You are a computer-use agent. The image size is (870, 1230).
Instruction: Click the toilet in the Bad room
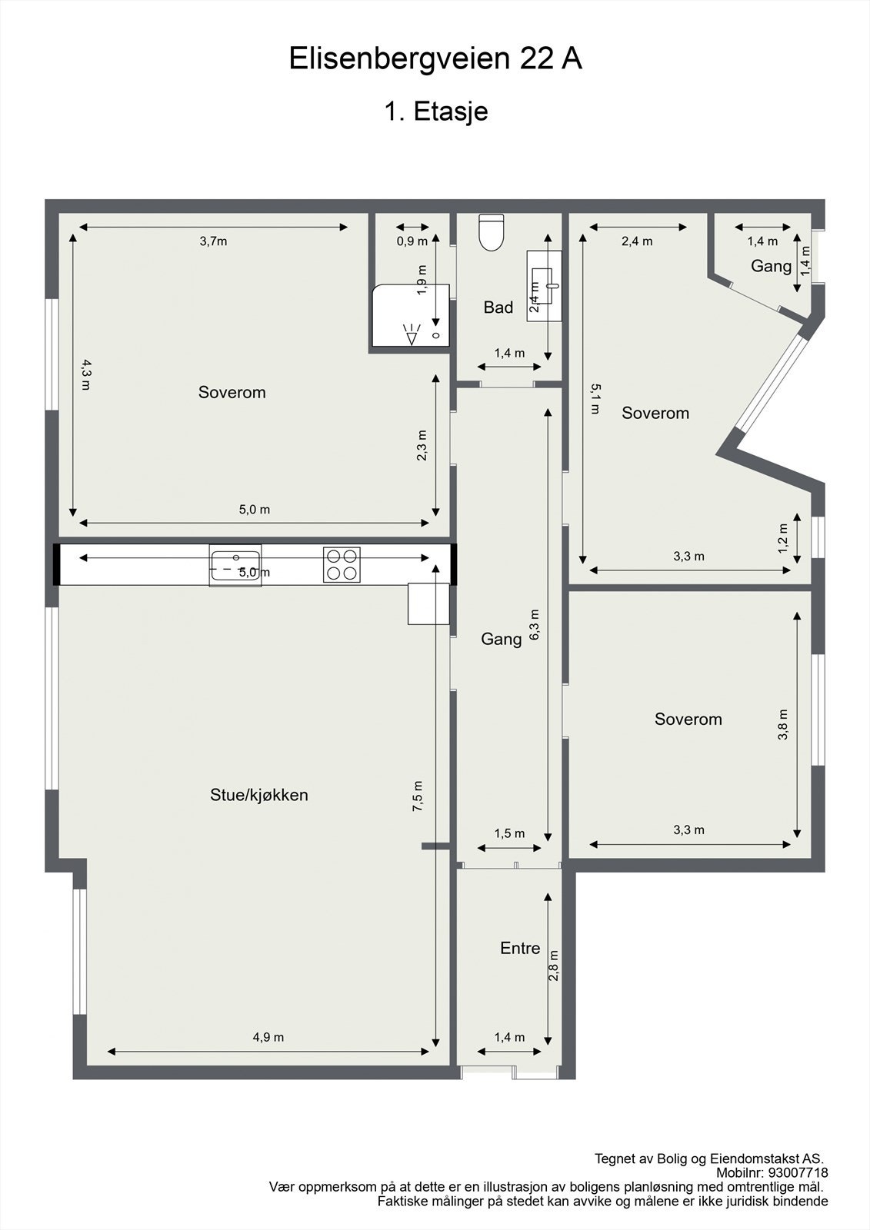click(491, 231)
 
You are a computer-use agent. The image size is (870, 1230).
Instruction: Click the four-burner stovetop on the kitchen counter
click(342, 564)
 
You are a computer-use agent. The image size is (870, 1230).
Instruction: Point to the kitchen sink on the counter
click(235, 564)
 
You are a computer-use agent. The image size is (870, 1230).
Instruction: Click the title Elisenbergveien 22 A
click(435, 59)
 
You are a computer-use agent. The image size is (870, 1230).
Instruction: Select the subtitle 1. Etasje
click(435, 111)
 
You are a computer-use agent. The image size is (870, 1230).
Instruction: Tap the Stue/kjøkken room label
click(259, 795)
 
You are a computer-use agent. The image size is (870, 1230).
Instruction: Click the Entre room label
click(520, 948)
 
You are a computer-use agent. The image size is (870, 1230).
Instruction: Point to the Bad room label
click(498, 307)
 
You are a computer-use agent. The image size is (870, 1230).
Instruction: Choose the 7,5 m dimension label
click(417, 796)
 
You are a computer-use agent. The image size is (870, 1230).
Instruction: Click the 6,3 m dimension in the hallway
click(535, 624)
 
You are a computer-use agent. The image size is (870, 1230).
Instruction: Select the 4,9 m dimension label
click(268, 1037)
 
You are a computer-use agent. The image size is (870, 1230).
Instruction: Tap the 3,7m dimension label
click(213, 241)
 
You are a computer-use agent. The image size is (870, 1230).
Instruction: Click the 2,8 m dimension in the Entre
click(553, 966)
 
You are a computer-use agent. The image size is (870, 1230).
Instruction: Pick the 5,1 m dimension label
click(595, 398)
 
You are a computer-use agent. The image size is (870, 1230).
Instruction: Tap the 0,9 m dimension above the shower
click(412, 241)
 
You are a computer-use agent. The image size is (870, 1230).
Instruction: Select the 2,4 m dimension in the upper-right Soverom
click(637, 241)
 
